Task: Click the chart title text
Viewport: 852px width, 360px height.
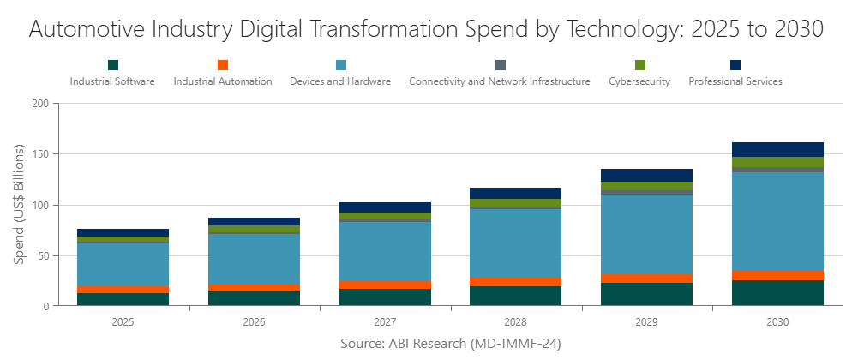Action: (x=426, y=28)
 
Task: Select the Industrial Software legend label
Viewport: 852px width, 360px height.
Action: (x=112, y=82)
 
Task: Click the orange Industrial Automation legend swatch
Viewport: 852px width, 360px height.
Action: (x=223, y=65)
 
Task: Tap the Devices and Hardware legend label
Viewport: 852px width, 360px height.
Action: (x=340, y=82)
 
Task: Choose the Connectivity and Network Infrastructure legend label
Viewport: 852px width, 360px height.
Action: (x=500, y=82)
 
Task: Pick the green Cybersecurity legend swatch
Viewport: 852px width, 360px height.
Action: (x=639, y=65)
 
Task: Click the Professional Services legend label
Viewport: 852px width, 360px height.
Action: (x=735, y=82)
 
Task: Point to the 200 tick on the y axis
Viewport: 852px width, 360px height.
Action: (x=40, y=104)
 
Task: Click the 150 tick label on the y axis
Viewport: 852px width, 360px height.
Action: (x=40, y=154)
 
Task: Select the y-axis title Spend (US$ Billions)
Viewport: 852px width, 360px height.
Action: (x=19, y=204)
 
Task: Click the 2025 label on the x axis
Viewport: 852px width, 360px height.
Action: (x=123, y=323)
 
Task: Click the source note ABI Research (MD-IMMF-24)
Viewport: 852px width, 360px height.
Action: (x=438, y=343)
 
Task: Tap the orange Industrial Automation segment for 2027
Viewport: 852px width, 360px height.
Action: (x=386, y=285)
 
